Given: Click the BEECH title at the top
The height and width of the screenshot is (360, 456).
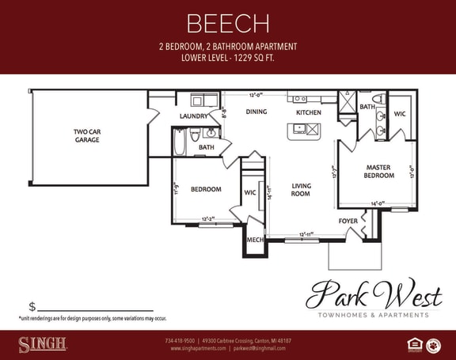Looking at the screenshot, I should (x=228, y=23).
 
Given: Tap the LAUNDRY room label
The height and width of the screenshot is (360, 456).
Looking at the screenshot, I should (x=193, y=116).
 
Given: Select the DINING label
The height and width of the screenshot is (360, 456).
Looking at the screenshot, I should (x=256, y=112).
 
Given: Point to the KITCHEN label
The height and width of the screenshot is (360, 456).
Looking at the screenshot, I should (x=308, y=112).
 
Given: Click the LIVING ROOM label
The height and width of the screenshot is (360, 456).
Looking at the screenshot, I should (x=301, y=190).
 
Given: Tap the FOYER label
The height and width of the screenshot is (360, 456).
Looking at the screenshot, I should (x=348, y=221).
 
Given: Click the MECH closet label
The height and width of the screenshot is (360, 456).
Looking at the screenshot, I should (x=254, y=240).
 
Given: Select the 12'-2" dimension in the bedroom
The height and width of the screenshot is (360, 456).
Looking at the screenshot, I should (x=210, y=219).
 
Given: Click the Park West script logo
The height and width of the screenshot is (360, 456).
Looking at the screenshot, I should (x=374, y=295).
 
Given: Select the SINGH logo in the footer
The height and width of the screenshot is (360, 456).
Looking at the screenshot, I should (x=43, y=344).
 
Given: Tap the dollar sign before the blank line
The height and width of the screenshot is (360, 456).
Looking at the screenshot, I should (x=32, y=307).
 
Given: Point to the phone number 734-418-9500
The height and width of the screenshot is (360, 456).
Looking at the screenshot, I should (x=180, y=340).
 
